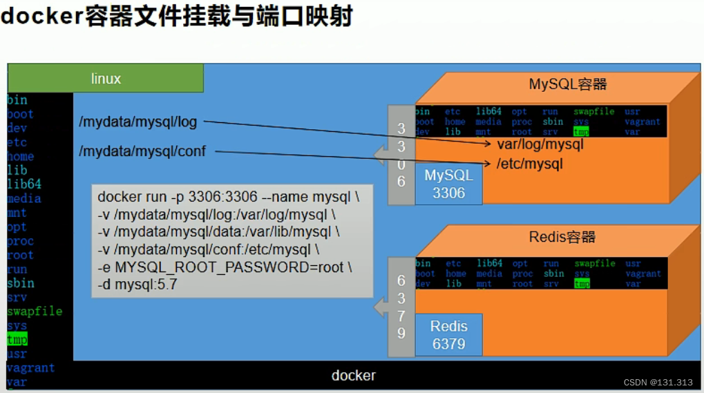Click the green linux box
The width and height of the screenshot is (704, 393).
[x=105, y=78]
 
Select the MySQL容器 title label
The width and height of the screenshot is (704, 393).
[x=567, y=84]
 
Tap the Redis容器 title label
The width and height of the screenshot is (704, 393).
[x=562, y=237]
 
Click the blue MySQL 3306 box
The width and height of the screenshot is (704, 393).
[x=448, y=184]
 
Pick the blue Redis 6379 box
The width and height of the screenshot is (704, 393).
[x=448, y=335]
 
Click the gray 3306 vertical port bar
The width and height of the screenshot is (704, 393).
[x=401, y=155]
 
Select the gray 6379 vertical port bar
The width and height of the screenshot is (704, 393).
[x=401, y=307]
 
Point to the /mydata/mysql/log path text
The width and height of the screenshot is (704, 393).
[x=138, y=122]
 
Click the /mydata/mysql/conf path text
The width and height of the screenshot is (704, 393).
[x=142, y=151]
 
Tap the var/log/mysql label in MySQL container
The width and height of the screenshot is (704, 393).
[x=540, y=144]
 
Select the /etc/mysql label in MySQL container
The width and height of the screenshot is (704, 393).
[x=529, y=164]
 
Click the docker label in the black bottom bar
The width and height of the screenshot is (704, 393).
[x=353, y=376]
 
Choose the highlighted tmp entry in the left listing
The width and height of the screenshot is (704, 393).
[x=17, y=340]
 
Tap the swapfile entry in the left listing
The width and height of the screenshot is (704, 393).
[x=34, y=311]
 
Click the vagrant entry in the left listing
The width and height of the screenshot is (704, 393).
[x=30, y=368]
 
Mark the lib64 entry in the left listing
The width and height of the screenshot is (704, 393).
[x=23, y=184]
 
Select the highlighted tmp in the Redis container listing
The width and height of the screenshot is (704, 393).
[x=582, y=284]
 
